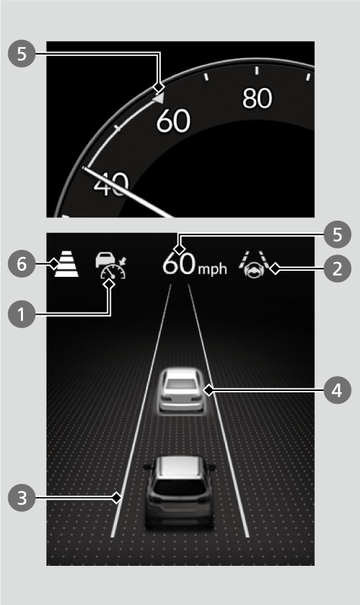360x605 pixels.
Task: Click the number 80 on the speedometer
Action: click(x=257, y=98)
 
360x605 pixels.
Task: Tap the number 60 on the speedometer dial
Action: click(x=174, y=121)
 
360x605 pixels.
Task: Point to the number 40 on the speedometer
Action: click(x=111, y=184)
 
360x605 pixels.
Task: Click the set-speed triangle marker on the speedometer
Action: click(x=159, y=98)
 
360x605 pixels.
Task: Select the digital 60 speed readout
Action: click(x=179, y=264)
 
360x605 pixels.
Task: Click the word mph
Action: click(x=213, y=269)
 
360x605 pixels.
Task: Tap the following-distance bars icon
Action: click(x=66, y=263)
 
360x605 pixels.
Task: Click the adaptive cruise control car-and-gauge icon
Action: click(x=111, y=265)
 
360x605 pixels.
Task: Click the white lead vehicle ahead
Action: click(x=181, y=391)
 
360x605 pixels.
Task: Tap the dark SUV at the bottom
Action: click(x=180, y=493)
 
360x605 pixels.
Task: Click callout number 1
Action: click(x=22, y=314)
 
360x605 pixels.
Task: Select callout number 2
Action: click(x=337, y=269)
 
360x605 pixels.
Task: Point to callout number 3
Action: click(x=22, y=498)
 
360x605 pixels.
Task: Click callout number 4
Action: click(x=337, y=390)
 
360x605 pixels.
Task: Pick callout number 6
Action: click(x=22, y=264)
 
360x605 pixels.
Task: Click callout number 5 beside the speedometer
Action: click(x=22, y=53)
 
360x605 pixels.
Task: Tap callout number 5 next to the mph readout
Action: click(x=337, y=234)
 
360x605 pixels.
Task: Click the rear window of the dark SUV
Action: click(x=180, y=488)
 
